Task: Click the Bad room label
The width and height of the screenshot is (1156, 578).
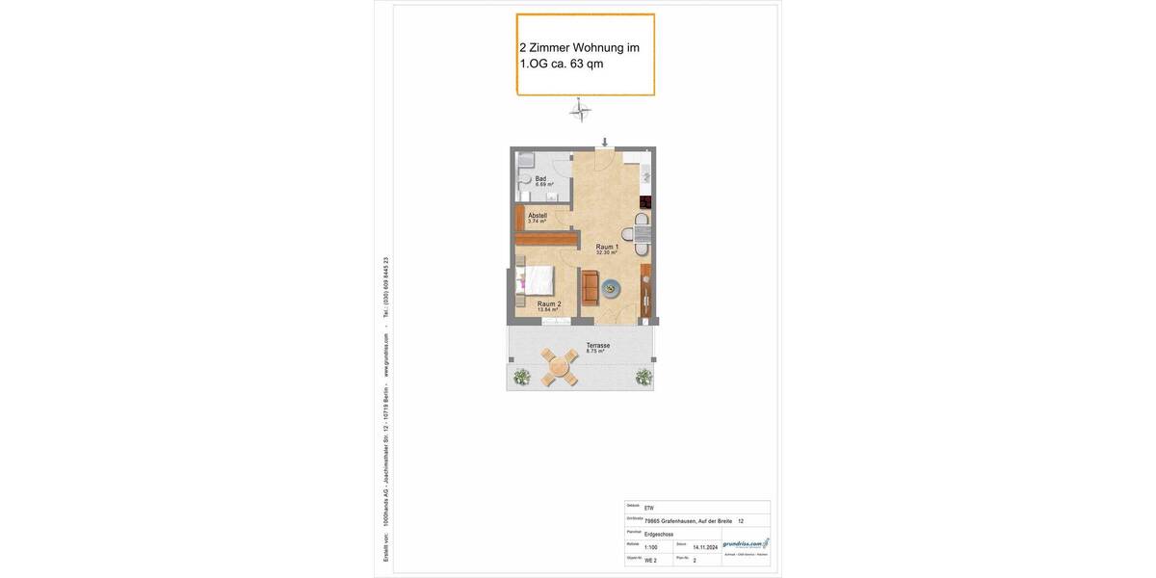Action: point(541,179)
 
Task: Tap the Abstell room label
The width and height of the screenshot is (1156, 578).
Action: point(537,217)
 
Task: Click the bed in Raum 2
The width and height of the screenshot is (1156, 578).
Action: point(537,281)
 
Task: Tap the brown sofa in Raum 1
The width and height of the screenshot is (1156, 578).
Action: point(590,287)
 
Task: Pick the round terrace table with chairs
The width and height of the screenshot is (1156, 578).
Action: point(559,366)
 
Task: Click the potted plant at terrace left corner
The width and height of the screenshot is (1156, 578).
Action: point(521,377)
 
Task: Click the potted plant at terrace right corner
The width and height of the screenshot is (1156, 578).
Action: point(644,377)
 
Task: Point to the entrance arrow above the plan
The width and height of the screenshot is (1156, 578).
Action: point(604,143)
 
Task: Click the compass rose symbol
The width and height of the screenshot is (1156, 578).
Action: point(580,112)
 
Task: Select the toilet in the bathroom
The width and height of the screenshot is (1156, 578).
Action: point(524,179)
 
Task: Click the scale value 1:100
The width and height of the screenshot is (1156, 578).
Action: point(651,547)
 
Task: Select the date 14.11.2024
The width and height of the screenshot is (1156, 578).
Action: point(705,547)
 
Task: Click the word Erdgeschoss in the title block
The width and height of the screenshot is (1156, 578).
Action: point(659,534)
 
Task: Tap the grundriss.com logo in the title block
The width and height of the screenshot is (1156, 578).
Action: point(746,544)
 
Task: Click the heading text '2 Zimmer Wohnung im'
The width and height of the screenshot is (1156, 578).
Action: point(579,47)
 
